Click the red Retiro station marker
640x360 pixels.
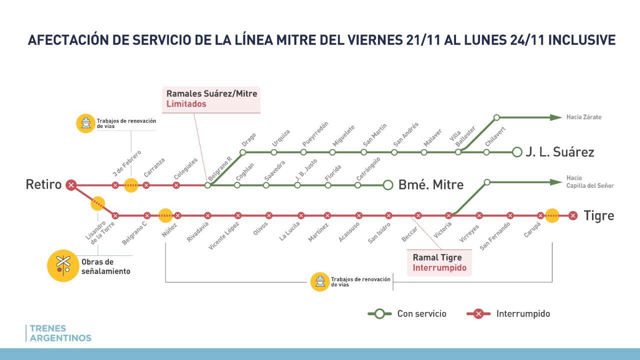click(x=71, y=185)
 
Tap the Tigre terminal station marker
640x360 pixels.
click(x=573, y=216)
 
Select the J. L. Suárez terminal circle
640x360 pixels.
click(x=517, y=152)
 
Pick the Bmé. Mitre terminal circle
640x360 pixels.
click(x=388, y=185)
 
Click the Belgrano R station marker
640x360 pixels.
click(x=208, y=185)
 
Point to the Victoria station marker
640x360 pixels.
click(x=448, y=216)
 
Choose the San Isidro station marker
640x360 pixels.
click(x=388, y=216)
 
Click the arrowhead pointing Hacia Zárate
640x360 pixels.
click(x=555, y=117)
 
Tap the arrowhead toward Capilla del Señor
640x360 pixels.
click(x=555, y=182)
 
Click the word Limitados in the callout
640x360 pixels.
click(x=186, y=104)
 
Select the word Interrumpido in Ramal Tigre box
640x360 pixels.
click(x=439, y=268)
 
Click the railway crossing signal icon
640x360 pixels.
click(x=62, y=265)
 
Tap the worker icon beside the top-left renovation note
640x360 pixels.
click(x=85, y=123)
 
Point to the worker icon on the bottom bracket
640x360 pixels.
click(x=319, y=282)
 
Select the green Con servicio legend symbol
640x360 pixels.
click(x=379, y=314)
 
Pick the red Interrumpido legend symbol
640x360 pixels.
click(x=478, y=314)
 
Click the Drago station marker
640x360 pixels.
click(x=243, y=152)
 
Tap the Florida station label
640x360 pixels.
click(x=333, y=172)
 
